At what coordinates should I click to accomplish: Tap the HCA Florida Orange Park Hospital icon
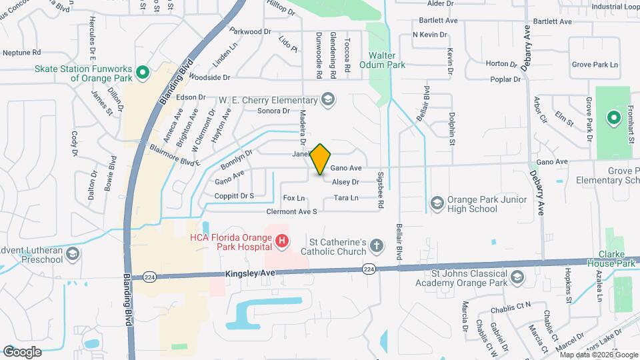click(282, 240)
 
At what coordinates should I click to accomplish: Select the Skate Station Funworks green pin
click(141, 72)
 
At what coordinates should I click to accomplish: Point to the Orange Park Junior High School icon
click(437, 202)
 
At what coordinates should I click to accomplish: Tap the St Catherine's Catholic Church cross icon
click(377, 246)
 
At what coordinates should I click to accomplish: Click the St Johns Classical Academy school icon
click(517, 277)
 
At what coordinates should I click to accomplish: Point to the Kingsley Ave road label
click(250, 273)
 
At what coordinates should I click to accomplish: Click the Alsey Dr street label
click(345, 182)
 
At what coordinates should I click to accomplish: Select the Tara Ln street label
click(346, 198)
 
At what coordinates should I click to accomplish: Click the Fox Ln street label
click(294, 198)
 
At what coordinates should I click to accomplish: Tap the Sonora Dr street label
click(274, 111)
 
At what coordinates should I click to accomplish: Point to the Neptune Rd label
click(22, 52)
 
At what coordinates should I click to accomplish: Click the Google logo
click(22, 351)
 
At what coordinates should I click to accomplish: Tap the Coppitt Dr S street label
click(234, 195)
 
